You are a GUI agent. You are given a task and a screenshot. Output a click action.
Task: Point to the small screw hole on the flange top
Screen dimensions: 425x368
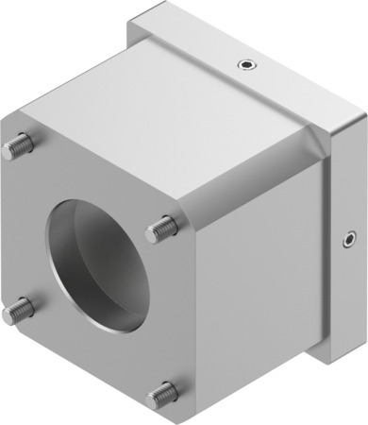tap(246, 64)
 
